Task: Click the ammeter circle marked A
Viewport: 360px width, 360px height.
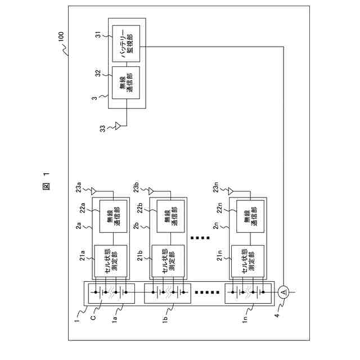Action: (284, 291)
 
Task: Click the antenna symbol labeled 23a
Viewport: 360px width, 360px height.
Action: (94, 190)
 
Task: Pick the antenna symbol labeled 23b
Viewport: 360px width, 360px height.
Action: (151, 190)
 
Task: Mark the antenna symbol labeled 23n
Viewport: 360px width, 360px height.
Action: (231, 190)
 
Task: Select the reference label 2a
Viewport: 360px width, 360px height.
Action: (79, 227)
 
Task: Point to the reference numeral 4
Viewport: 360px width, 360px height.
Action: (277, 317)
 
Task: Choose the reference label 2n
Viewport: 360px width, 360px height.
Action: (216, 227)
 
